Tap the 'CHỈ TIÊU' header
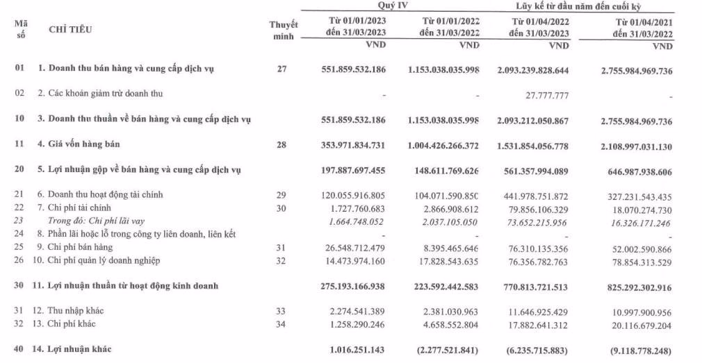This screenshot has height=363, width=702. click(70, 30)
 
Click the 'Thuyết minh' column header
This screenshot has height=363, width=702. click(283, 30)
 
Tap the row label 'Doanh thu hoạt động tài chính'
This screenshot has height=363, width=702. click(101, 195)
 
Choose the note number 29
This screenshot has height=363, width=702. click(281, 195)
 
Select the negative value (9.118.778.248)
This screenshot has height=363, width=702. click(635, 350)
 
